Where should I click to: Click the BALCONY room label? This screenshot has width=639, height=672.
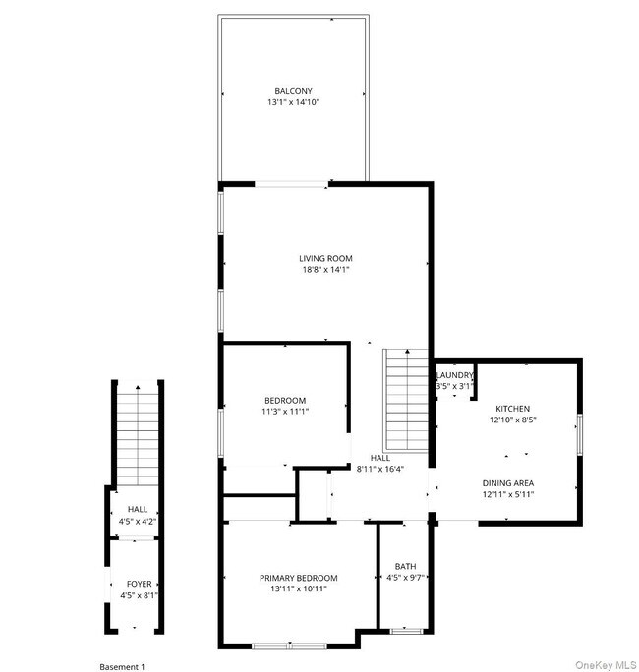[294, 90]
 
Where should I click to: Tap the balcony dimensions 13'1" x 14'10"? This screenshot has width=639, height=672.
[294, 102]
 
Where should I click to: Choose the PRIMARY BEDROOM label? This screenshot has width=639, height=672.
[298, 578]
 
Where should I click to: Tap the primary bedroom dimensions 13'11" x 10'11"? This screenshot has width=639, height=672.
[298, 589]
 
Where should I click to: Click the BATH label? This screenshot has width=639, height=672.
[405, 566]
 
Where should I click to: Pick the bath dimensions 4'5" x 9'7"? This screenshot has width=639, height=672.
[405, 578]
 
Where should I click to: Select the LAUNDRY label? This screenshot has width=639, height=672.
[455, 375]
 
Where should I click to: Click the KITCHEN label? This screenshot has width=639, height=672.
[512, 409]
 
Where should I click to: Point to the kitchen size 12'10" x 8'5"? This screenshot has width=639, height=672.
[512, 420]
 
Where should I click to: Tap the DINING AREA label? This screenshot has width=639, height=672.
[508, 483]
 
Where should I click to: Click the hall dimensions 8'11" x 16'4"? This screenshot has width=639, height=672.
[379, 470]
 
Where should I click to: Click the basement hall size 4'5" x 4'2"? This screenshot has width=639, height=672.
[138, 521]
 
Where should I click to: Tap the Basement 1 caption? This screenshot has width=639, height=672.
[123, 667]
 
